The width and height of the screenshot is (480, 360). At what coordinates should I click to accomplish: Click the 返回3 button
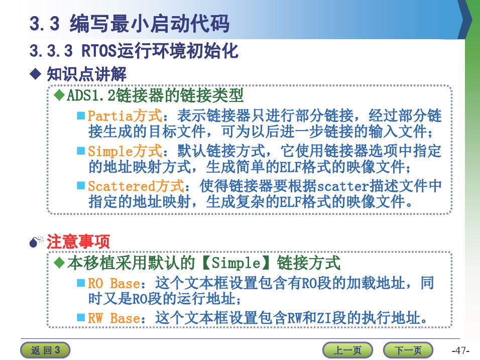[45, 350]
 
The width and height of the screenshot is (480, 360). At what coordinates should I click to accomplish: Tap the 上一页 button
[347, 350]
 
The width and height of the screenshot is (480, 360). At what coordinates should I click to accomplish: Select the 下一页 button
[408, 350]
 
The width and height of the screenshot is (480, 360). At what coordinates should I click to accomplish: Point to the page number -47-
[460, 350]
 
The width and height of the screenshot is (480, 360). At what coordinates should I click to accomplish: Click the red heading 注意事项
[78, 242]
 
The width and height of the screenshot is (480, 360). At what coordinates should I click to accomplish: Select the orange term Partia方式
[125, 115]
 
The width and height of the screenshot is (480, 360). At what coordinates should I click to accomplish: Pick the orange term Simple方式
[125, 151]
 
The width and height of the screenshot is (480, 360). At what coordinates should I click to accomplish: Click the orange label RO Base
[114, 284]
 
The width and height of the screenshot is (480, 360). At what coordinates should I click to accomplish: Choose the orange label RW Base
[114, 318]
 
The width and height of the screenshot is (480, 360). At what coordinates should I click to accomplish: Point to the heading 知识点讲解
[86, 74]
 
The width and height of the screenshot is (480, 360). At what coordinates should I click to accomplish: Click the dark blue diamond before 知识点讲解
[36, 74]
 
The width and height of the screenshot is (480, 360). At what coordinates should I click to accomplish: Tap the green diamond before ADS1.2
[59, 95]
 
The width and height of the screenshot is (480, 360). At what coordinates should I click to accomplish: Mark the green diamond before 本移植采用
[59, 263]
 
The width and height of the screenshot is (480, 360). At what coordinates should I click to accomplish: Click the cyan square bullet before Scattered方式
[81, 185]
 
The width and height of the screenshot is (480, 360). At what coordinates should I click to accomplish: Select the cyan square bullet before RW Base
[81, 317]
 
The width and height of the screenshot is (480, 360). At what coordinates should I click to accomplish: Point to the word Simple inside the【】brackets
[235, 263]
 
